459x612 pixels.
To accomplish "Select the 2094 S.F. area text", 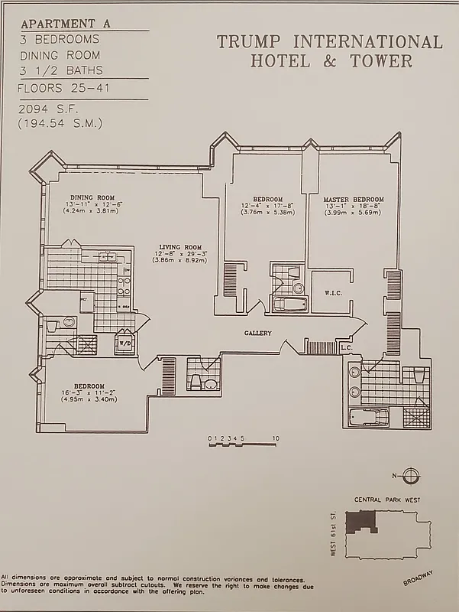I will point(45,110).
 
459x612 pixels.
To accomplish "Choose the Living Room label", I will point(176,247).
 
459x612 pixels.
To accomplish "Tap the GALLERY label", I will point(258,333).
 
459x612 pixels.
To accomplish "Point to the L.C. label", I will point(345,348).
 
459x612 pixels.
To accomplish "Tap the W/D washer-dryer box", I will point(123,343).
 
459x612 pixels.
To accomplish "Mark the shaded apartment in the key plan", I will point(360,521).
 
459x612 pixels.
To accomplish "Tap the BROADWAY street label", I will point(420,576).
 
